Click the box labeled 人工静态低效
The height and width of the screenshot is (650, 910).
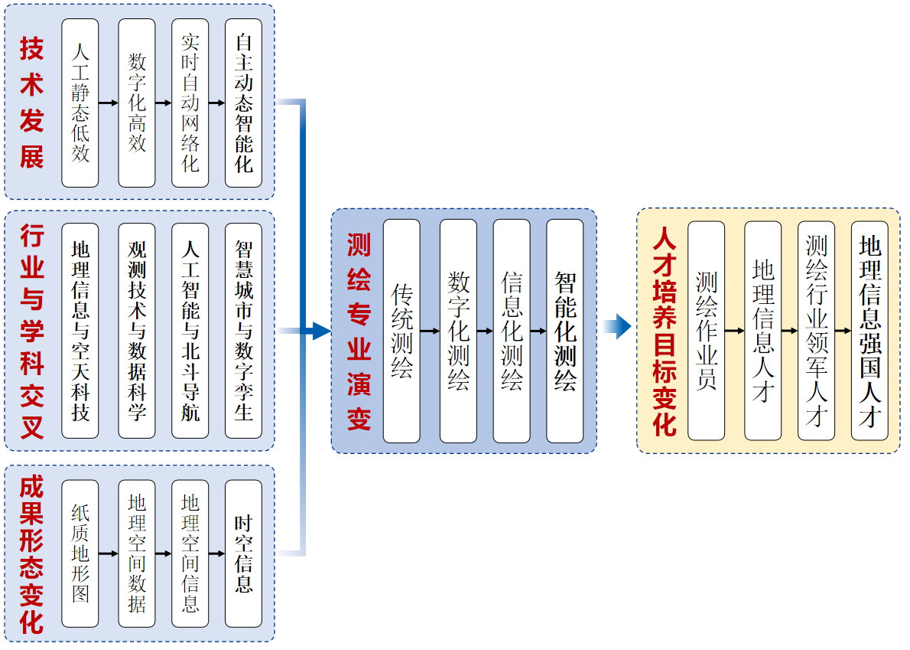(x=80, y=103)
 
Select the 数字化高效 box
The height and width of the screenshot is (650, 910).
(x=137, y=103)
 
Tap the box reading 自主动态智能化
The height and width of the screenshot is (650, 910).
(x=243, y=103)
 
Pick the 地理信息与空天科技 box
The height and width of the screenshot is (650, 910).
(x=80, y=330)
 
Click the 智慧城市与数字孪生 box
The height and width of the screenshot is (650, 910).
(x=243, y=330)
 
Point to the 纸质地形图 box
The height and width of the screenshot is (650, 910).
(x=80, y=553)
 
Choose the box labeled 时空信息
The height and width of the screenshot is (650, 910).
(x=243, y=553)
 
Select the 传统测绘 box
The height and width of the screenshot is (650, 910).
(x=401, y=331)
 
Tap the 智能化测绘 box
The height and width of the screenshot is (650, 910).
(x=564, y=331)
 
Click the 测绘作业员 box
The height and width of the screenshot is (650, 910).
(x=706, y=331)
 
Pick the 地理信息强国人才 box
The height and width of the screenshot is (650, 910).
(x=869, y=331)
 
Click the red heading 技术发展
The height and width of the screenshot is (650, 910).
(x=32, y=103)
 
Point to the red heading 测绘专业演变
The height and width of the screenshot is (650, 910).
(x=359, y=331)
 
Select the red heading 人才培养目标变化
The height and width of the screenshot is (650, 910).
(x=665, y=331)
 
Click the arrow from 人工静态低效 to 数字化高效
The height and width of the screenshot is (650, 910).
(x=109, y=103)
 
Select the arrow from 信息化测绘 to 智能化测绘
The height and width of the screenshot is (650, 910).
(x=538, y=332)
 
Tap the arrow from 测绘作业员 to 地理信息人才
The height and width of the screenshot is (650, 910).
(x=734, y=331)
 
